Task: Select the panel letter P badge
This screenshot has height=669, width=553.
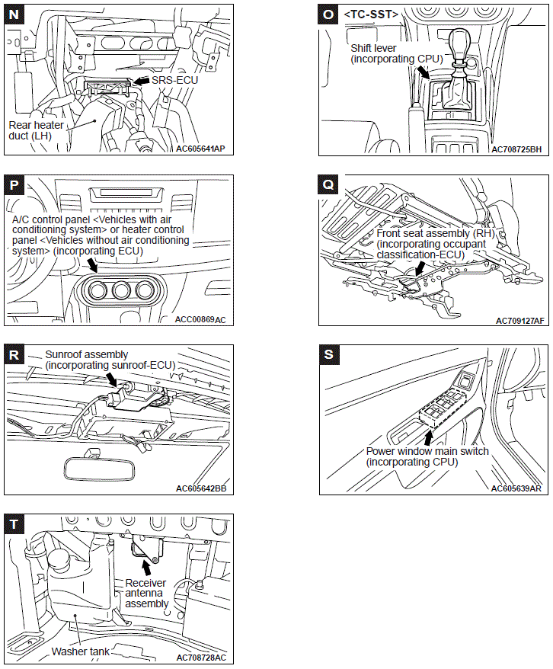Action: pos(15,185)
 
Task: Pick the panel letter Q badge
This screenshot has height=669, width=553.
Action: pos(329,185)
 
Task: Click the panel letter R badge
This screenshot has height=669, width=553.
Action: pos(15,354)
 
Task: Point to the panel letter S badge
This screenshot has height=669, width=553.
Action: pos(329,354)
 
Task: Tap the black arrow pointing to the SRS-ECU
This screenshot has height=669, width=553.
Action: pos(141,79)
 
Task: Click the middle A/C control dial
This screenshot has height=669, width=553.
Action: pos(120,292)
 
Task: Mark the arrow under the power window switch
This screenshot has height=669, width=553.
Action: pos(427,437)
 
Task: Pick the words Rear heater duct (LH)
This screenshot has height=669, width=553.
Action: pos(37,131)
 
